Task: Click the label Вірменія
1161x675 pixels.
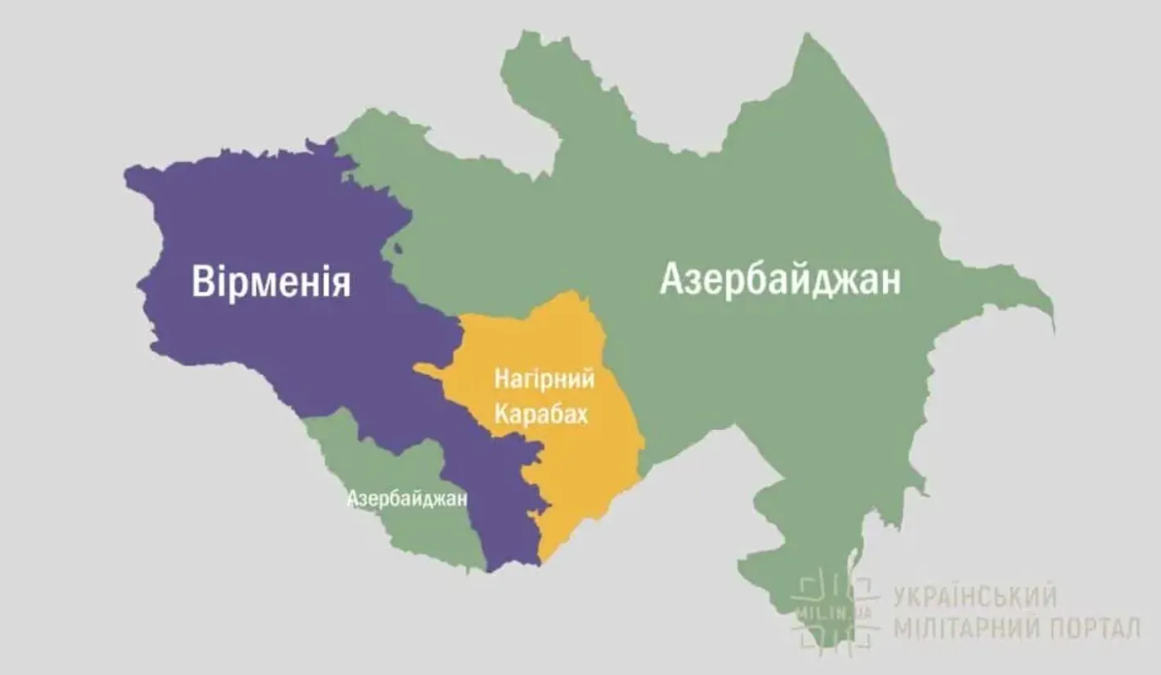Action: pos(271,281)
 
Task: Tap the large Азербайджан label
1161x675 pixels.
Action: pos(780,279)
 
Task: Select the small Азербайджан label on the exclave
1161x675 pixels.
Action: pos(406,498)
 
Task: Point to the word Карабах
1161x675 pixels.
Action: pos(540,415)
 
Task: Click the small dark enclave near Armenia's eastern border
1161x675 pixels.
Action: pos(397,248)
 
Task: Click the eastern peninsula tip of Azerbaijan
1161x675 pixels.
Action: pos(1048,315)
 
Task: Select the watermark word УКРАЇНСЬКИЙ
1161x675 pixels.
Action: pos(975,596)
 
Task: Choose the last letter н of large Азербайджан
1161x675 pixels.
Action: pos(889,280)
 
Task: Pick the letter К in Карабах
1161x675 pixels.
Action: pos(500,415)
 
